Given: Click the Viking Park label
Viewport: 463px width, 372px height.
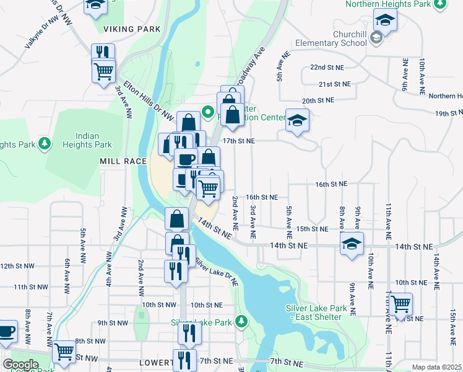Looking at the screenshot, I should click(x=132, y=29).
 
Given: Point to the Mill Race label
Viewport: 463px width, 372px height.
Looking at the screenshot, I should click(x=123, y=161).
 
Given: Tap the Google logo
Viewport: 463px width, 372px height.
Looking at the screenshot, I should click(x=20, y=365).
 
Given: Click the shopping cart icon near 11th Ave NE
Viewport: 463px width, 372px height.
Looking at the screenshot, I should click(x=400, y=303).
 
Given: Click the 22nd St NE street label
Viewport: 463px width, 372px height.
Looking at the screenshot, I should click(x=326, y=67).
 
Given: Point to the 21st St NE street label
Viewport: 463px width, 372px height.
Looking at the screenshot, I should click(x=334, y=84).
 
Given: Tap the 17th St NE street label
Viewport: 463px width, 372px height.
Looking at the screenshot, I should click(x=239, y=141).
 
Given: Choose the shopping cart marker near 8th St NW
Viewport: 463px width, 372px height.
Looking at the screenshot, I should click(x=64, y=352).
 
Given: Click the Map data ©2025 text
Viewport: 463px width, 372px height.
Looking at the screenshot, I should click(x=436, y=367).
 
